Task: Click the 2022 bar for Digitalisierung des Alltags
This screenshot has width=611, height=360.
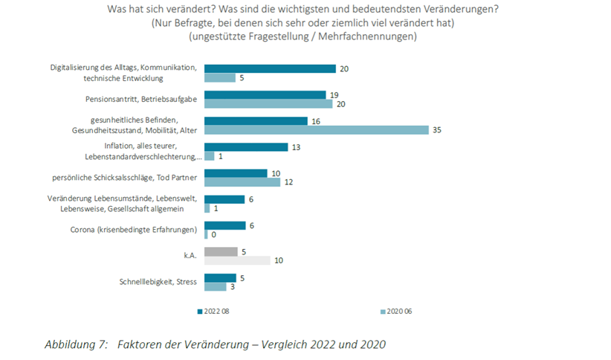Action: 270,68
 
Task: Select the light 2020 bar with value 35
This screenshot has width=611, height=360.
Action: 316,130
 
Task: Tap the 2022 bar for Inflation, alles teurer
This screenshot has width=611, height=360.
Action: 245,147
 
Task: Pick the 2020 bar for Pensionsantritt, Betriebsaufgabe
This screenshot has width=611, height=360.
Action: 268,104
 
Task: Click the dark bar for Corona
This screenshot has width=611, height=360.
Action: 224,225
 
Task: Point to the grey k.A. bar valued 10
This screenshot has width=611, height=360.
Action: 237,260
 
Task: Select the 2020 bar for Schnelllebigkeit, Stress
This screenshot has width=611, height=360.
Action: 215,287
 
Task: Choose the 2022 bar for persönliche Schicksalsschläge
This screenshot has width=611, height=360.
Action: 236,173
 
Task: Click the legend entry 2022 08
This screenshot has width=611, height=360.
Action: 216,312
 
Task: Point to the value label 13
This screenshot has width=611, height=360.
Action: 295,147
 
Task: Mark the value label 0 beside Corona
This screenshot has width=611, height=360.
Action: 213,235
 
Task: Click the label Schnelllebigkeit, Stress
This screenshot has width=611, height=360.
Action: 158,282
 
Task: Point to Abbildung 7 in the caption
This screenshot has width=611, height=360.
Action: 77,344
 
